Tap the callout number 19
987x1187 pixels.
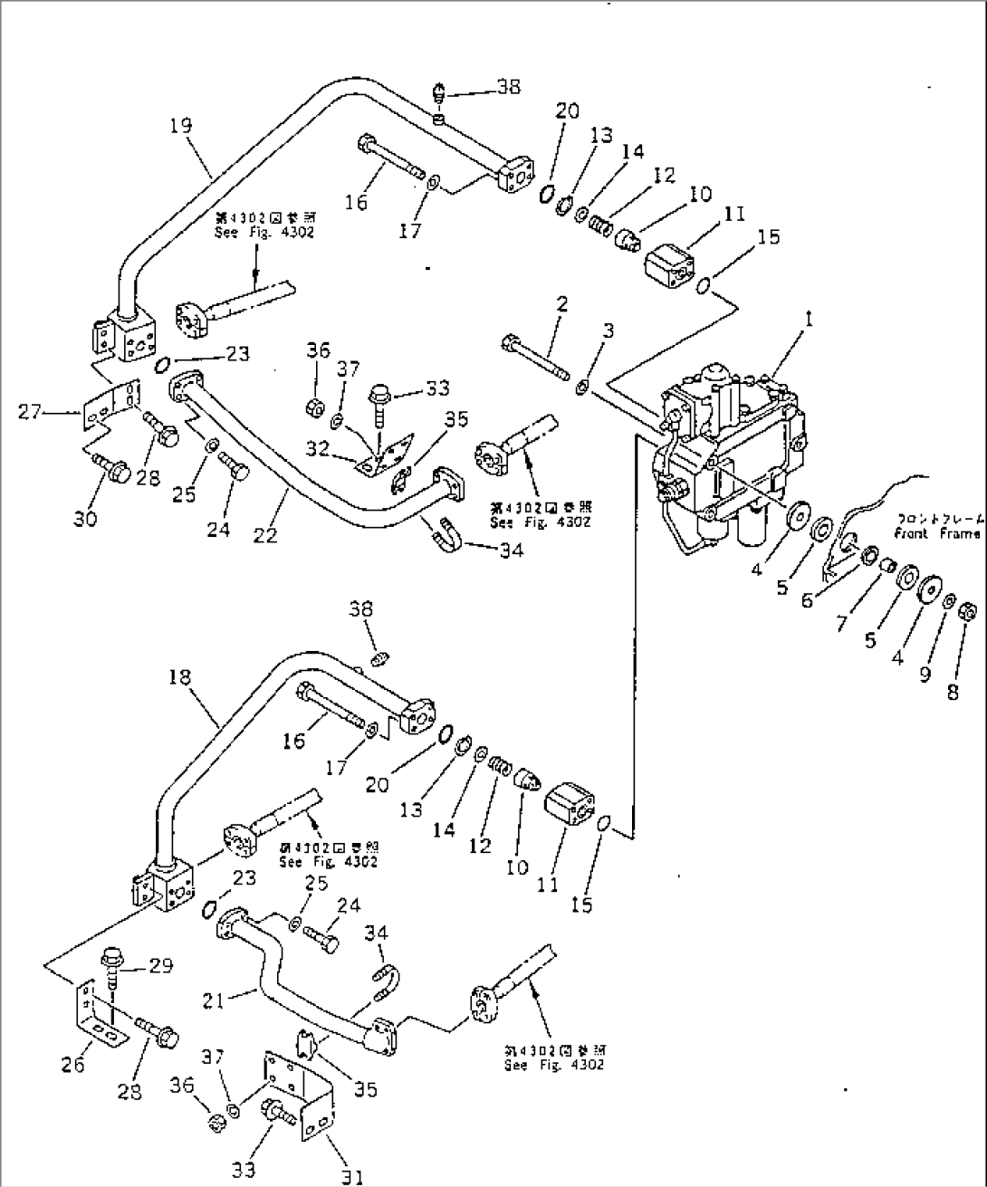(x=181, y=125)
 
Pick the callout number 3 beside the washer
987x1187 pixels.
(x=608, y=332)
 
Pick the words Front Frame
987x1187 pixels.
(x=936, y=534)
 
